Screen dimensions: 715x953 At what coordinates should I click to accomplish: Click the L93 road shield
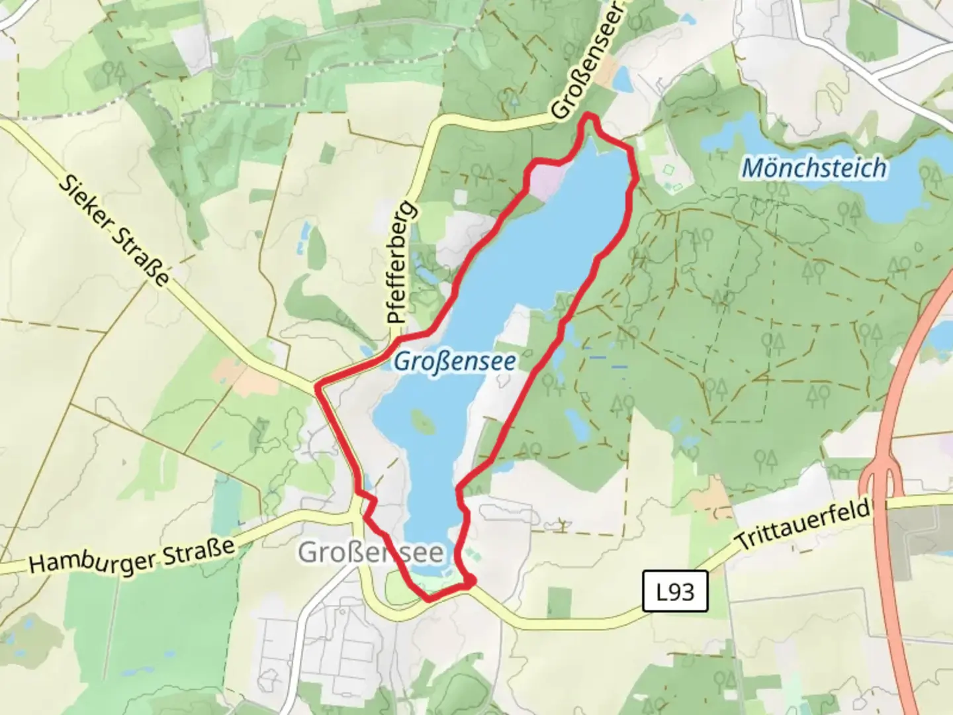676,592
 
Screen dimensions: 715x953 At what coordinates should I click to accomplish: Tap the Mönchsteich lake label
813,167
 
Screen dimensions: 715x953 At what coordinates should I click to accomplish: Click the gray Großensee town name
371,551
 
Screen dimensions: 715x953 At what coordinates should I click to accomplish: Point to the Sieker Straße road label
114,231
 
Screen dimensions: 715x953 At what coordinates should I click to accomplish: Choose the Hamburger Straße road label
132,555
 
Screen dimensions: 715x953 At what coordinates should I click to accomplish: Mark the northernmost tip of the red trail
589,117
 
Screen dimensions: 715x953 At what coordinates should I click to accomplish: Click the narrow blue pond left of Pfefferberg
304,238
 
